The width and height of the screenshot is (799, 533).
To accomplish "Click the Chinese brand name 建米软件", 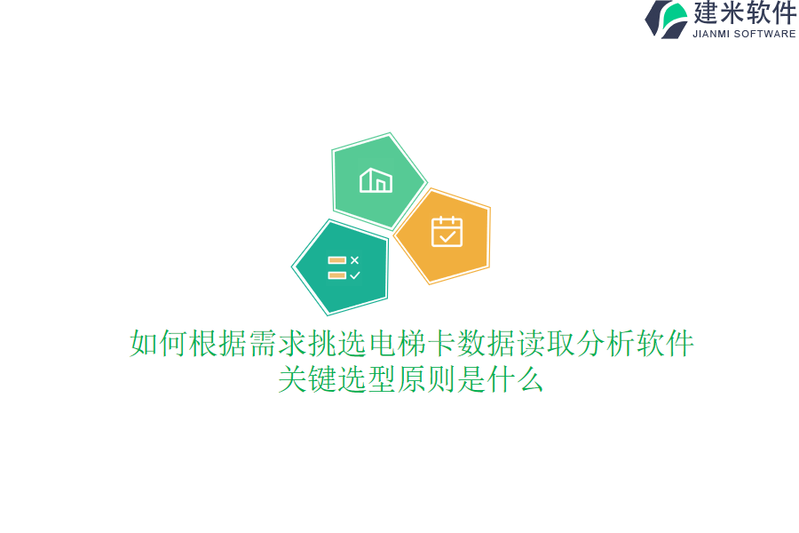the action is [x=745, y=12].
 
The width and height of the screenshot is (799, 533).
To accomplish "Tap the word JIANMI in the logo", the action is [x=711, y=34].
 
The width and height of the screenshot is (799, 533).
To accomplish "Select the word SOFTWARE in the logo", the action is [x=765, y=34].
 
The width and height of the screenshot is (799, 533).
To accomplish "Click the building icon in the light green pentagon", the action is [x=376, y=180].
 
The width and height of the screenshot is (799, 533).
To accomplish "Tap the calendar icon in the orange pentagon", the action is [x=447, y=232].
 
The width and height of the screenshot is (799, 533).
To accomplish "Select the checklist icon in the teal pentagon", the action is [x=344, y=267].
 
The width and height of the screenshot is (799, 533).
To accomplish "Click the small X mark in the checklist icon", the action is [x=354, y=260].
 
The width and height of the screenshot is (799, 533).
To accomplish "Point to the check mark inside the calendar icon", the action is [x=447, y=236].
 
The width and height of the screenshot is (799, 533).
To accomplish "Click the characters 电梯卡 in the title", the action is [x=412, y=343].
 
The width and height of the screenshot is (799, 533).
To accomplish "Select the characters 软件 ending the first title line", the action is [x=665, y=343].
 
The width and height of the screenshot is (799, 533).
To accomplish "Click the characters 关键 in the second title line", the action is [x=307, y=379].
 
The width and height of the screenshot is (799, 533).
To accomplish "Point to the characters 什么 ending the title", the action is [x=515, y=379].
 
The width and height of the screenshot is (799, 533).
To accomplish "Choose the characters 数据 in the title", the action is [x=487, y=343].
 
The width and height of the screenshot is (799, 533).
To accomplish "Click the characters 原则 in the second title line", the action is [x=426, y=379].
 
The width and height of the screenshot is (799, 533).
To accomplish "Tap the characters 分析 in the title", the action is [x=605, y=343].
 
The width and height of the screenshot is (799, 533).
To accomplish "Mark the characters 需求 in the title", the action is [x=277, y=343].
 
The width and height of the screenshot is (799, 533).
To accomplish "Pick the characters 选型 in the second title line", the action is [x=367, y=379].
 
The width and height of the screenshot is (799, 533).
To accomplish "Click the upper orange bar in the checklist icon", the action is [x=337, y=260].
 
